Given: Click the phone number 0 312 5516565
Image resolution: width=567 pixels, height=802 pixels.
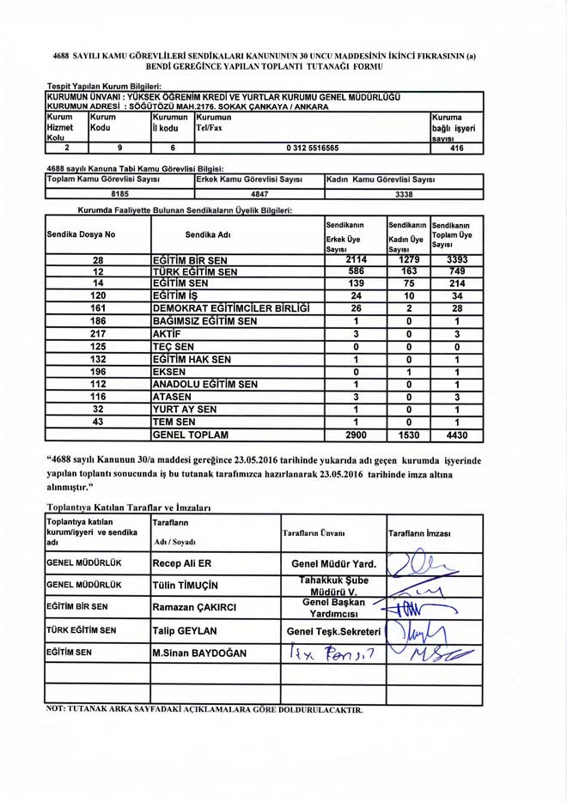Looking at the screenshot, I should click(312, 148).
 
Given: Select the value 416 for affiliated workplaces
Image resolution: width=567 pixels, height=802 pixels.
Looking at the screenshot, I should click(456, 148).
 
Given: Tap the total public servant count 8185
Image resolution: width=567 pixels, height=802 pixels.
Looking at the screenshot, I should click(119, 194).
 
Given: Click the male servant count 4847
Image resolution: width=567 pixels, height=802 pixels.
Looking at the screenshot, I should click(259, 194).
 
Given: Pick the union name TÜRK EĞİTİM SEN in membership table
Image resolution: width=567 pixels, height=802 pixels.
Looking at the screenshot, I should click(194, 271).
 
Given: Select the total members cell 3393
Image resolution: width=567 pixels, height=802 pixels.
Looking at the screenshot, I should click(452, 259).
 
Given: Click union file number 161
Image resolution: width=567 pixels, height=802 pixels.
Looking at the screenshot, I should click(98, 307).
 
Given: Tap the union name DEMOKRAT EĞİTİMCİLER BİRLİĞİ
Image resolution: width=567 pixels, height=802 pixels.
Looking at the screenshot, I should click(230, 307).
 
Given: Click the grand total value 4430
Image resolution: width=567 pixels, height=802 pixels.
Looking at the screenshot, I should click(452, 435).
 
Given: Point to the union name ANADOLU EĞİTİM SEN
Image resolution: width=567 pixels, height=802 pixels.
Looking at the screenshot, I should click(204, 384).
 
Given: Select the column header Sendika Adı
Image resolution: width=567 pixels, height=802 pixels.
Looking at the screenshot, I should click(208, 234).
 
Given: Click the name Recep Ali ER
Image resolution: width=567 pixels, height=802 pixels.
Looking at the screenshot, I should click(181, 564).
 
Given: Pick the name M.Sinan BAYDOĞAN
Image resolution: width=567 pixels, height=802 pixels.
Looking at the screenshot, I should click(198, 653).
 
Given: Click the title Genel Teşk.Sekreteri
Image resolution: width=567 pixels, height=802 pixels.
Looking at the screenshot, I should click(333, 631).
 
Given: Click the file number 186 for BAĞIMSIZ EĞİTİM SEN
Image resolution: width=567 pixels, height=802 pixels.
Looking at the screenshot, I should click(98, 320).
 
